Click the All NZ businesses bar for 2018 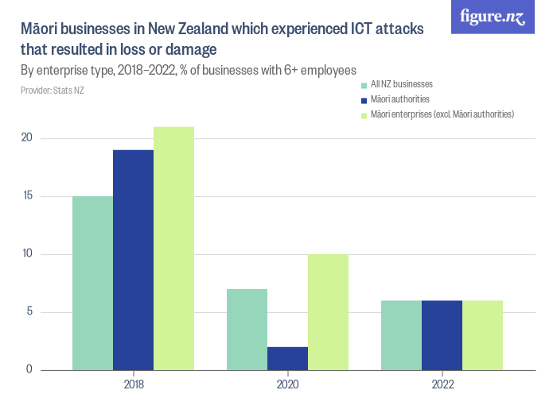point(92,283)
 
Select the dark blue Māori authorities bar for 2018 point(133,260)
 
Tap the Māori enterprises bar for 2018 point(173,248)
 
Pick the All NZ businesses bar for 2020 point(247,329)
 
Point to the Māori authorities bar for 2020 point(287,358)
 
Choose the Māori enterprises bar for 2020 point(328,312)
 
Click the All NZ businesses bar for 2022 point(401,335)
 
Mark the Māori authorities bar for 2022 point(442,335)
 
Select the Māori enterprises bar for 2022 point(482,335)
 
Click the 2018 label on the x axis point(133,384)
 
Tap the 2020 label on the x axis point(287,384)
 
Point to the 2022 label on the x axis point(442,384)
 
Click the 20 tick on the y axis point(27,138)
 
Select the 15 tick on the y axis point(27,196)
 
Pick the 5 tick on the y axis point(29,311)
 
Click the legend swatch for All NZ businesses point(364,84)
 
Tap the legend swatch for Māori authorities point(364,100)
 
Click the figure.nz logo point(493,17)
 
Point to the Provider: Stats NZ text point(53,91)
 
